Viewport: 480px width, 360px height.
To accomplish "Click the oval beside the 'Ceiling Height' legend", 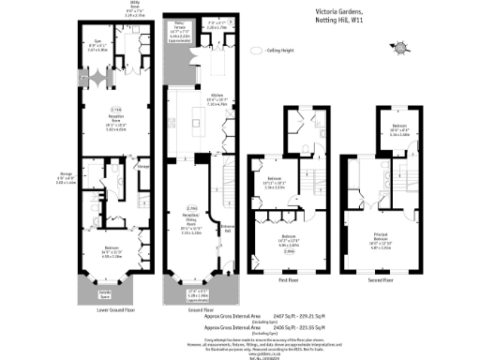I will [x=259, y=51].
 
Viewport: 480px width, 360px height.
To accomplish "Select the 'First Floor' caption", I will [x=288, y=278].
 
